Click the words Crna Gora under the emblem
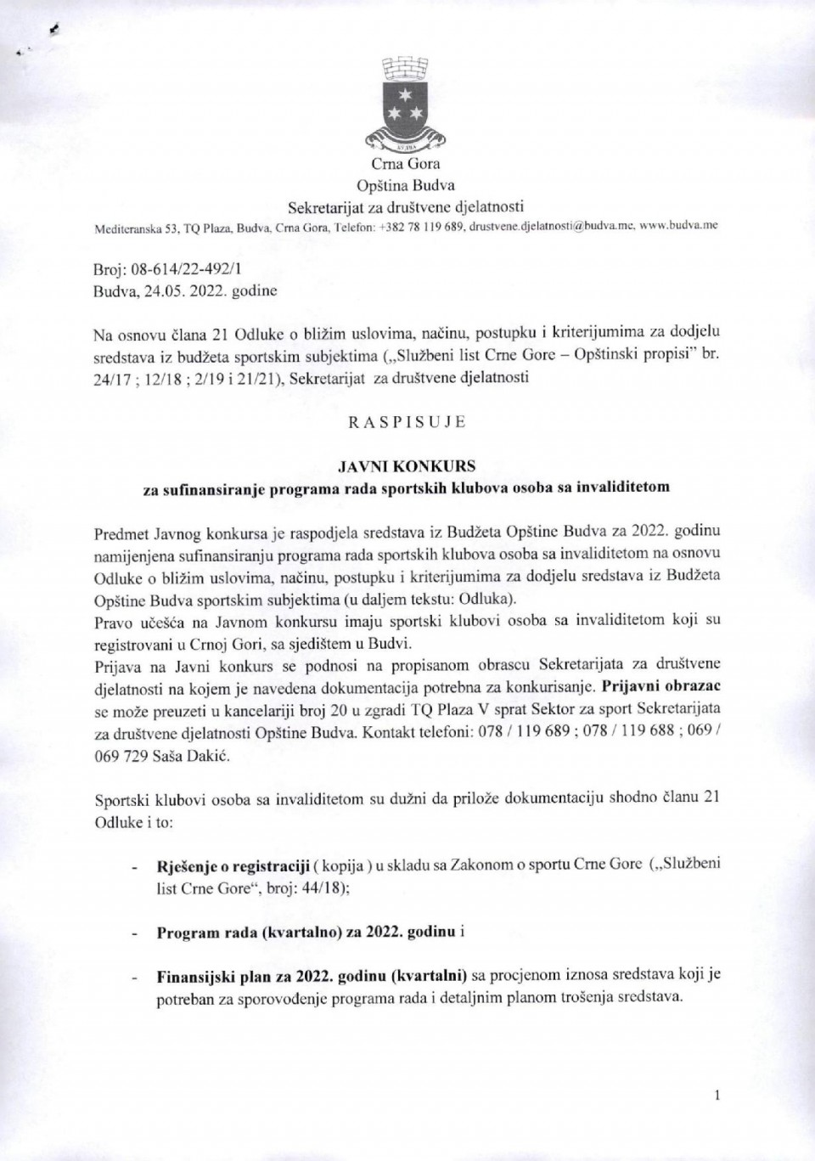coord(406,164)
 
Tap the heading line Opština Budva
coord(406,184)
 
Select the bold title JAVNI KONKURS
coord(407,466)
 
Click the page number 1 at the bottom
coord(717,1096)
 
